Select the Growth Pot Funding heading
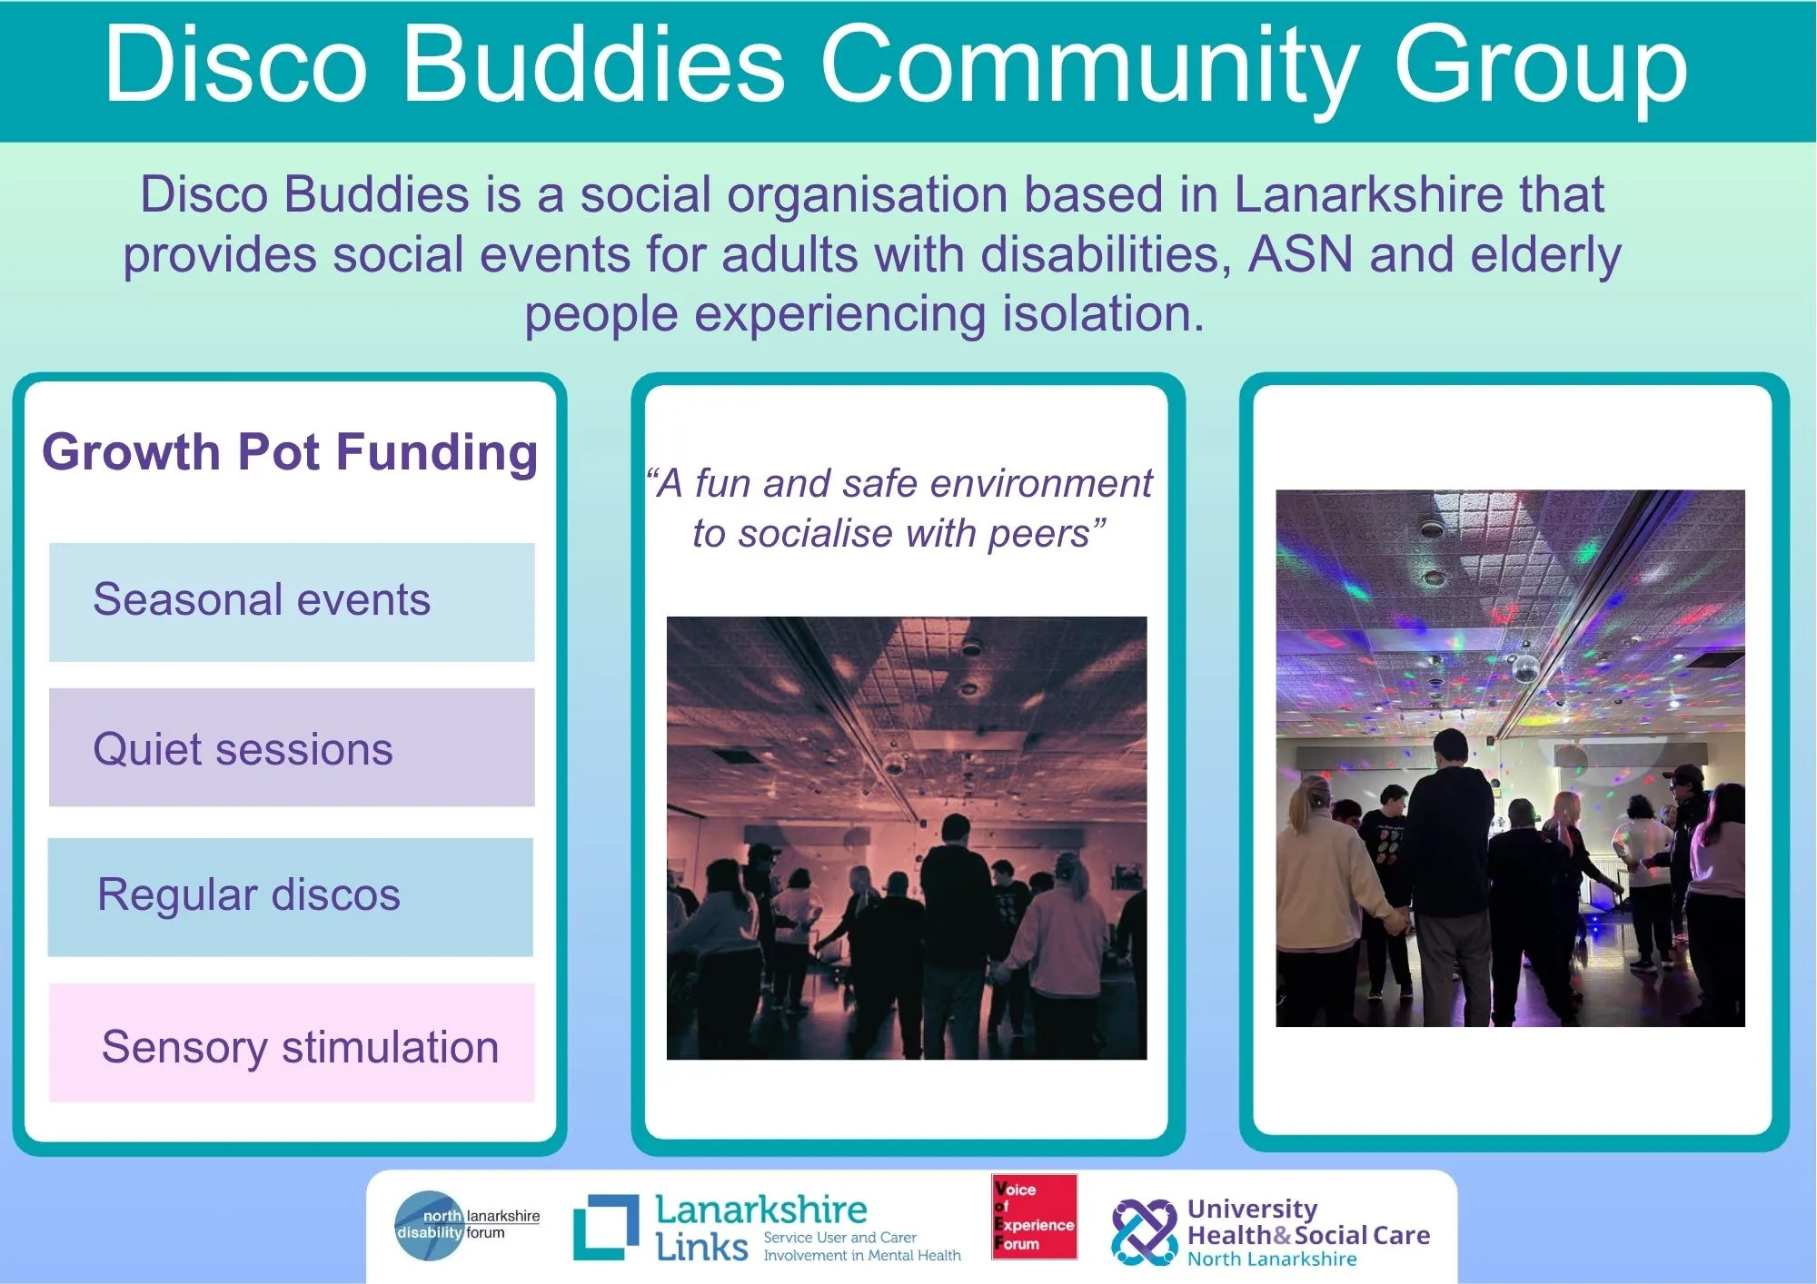[x=290, y=452]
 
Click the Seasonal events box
[x=292, y=602]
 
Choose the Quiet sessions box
[x=292, y=747]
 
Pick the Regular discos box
[x=291, y=897]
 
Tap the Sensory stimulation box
[x=292, y=1042]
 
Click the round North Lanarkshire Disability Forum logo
[x=429, y=1225]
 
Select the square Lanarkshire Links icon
[x=606, y=1228]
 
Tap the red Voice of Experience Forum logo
[x=1035, y=1217]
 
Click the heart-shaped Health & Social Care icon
[x=1145, y=1232]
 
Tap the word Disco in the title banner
[x=236, y=65]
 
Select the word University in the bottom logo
[x=1252, y=1210]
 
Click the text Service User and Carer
[x=840, y=1238]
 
